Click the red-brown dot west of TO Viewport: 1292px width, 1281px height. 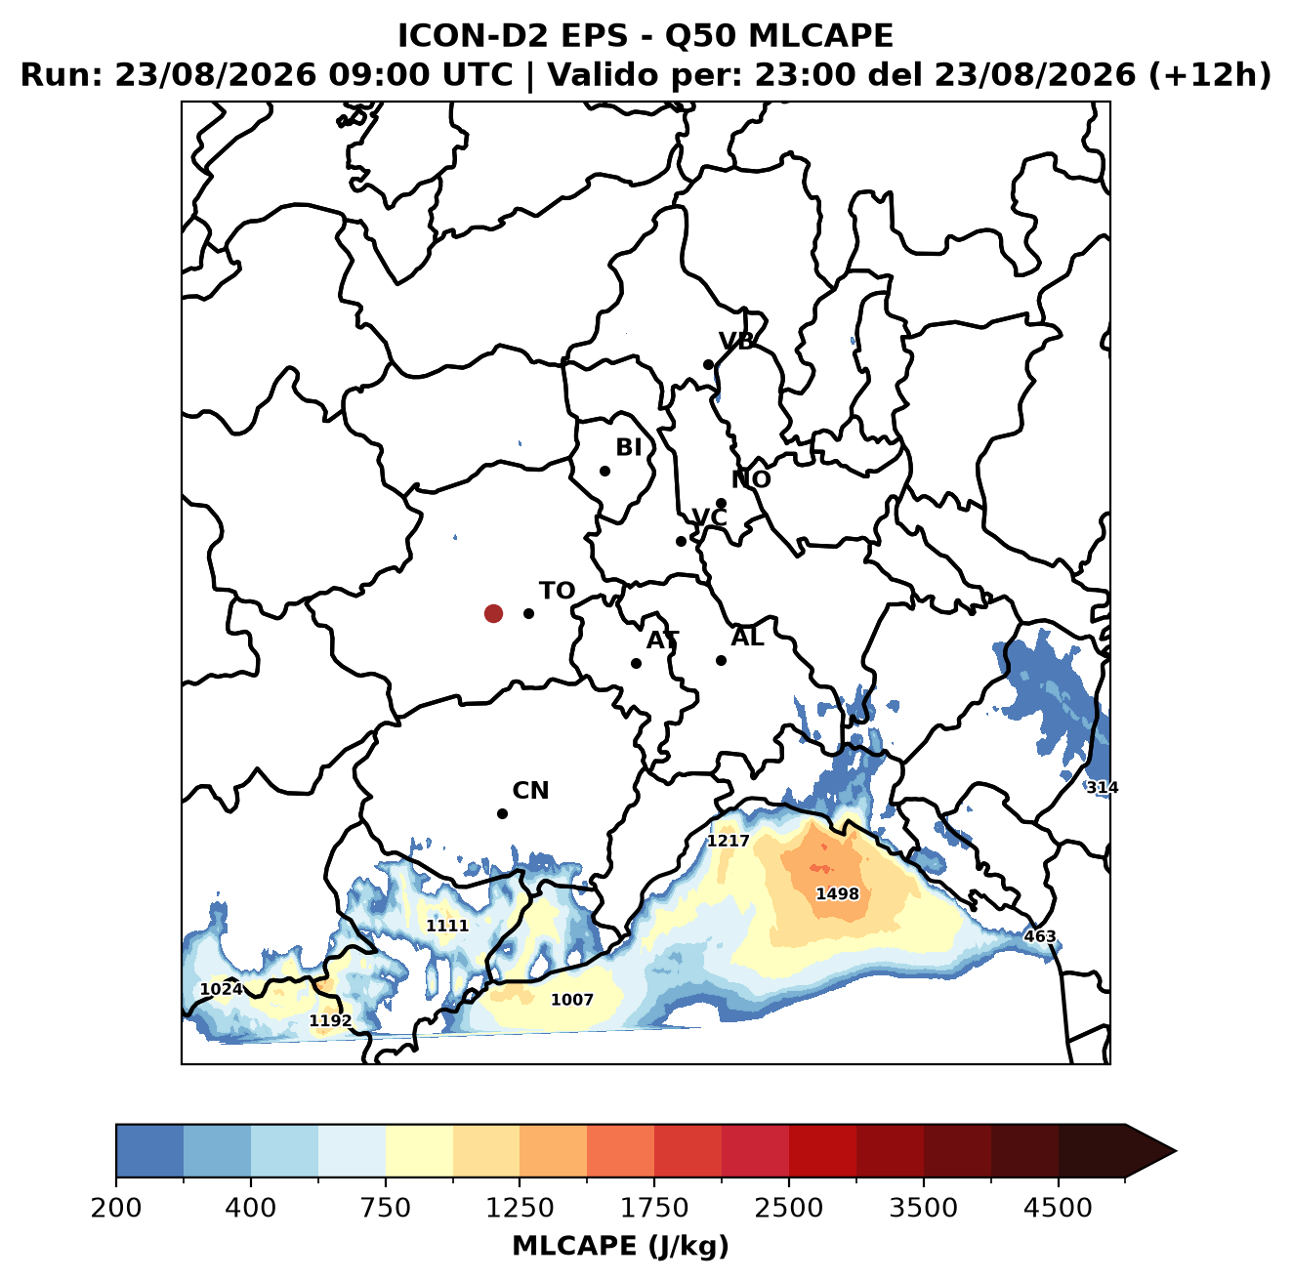(x=493, y=613)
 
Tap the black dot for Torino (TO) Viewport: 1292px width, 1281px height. (x=528, y=613)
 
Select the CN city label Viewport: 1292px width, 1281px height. (x=530, y=791)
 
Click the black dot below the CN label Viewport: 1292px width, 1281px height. (x=502, y=813)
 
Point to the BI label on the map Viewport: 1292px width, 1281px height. (x=629, y=447)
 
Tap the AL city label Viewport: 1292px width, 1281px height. (x=747, y=638)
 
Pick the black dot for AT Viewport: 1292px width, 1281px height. (x=636, y=664)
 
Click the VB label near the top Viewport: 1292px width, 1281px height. (x=737, y=341)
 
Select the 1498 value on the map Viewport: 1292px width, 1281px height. (x=837, y=893)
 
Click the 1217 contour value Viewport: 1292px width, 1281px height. (x=729, y=841)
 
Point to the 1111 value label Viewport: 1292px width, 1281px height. (x=447, y=926)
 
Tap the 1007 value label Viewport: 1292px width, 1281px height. (x=572, y=1000)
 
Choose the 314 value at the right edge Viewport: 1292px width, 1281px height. (x=1103, y=788)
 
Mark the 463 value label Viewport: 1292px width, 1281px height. (x=1040, y=936)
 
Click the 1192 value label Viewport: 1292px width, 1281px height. (x=330, y=1021)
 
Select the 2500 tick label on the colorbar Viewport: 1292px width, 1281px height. (x=788, y=1208)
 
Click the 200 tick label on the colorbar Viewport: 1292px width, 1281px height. (x=116, y=1208)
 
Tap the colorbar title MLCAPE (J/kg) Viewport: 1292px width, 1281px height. (x=620, y=1246)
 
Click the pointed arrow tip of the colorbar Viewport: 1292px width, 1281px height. (x=1176, y=1152)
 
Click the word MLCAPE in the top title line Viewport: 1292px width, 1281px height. (x=820, y=35)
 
